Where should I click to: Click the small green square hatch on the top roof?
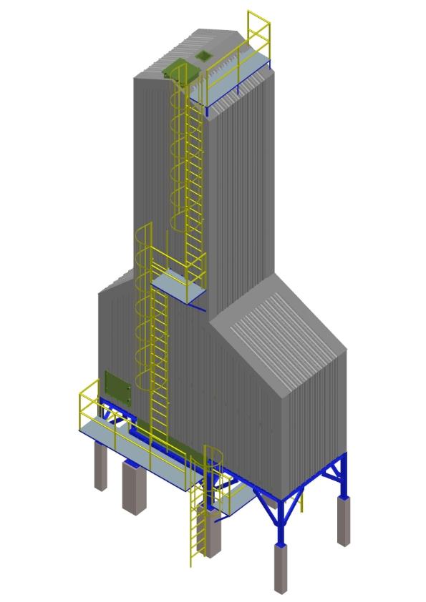click(x=204, y=55)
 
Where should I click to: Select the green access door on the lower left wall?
click(x=117, y=388)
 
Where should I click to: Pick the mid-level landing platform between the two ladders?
click(x=178, y=286)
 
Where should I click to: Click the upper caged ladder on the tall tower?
click(x=190, y=179)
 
